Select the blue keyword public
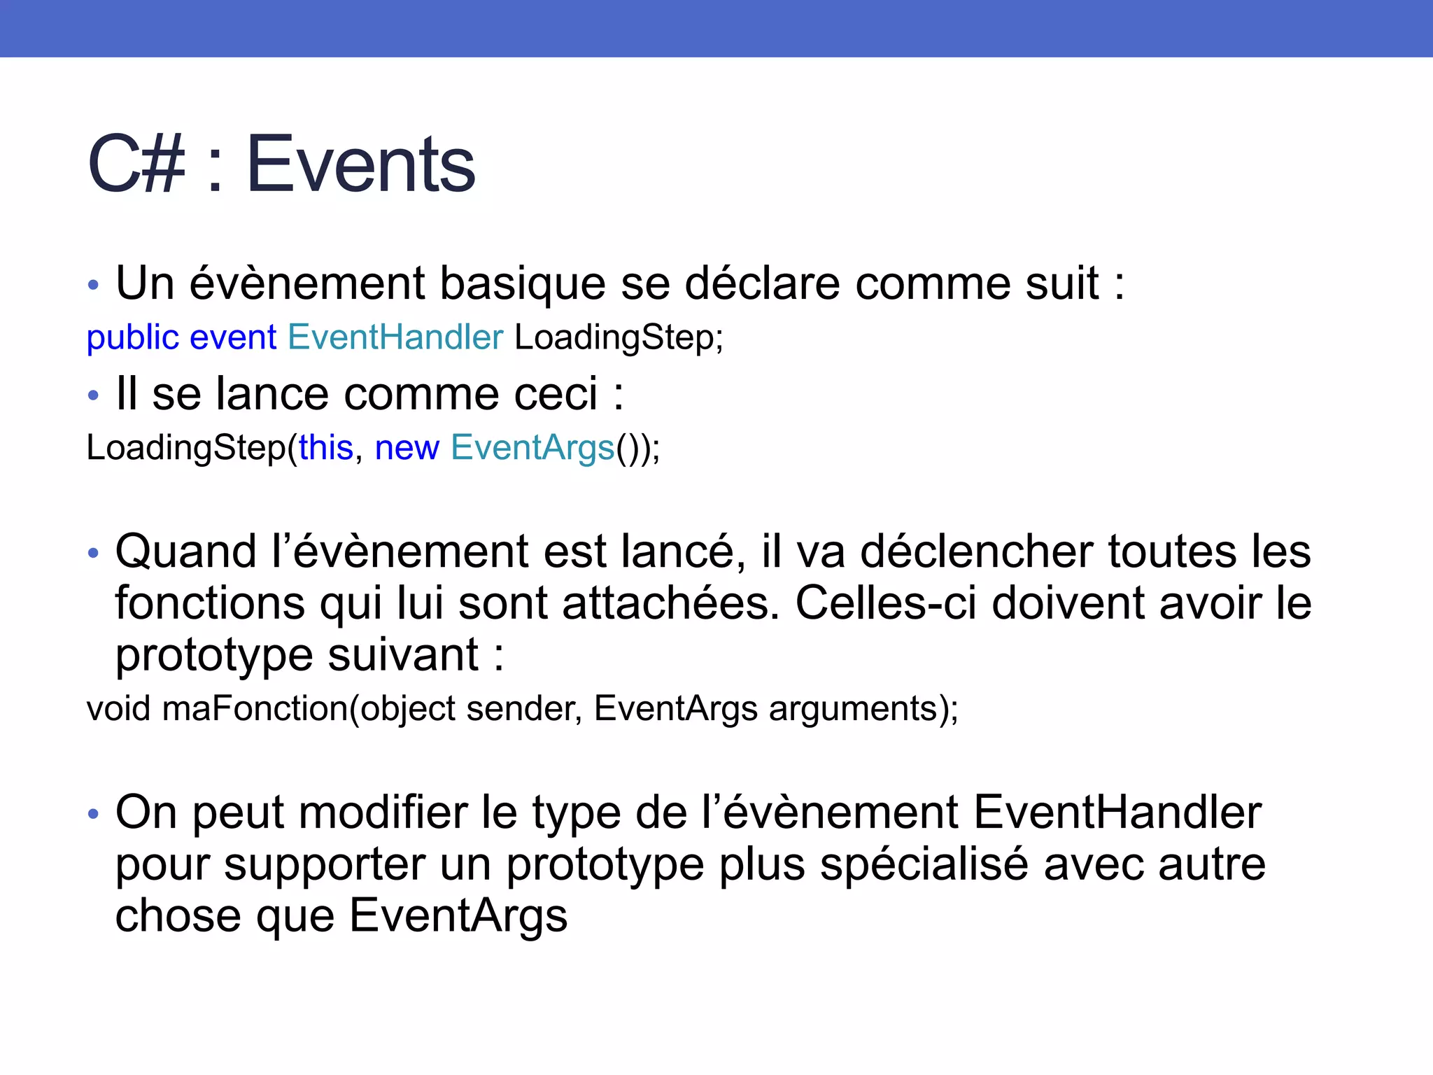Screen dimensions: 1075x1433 tap(133, 338)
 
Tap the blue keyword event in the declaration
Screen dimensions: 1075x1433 tap(233, 338)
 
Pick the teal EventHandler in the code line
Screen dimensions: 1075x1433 tap(395, 338)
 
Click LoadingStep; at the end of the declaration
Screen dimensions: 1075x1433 tap(619, 338)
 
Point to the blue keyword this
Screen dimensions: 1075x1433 tap(326, 448)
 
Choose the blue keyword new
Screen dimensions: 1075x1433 tap(407, 448)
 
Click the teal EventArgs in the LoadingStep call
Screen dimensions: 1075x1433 tap(532, 448)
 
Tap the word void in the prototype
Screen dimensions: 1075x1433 tap(118, 708)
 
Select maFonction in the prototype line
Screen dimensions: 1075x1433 tap(255, 708)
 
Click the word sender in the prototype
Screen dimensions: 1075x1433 tap(519, 708)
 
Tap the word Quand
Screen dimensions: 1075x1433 tap(186, 551)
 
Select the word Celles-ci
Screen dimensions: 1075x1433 tap(885, 603)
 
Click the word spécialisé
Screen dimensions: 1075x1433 tap(924, 864)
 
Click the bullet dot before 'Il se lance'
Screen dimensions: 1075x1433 tap(94, 395)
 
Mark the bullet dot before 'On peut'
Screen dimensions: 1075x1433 tap(94, 814)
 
